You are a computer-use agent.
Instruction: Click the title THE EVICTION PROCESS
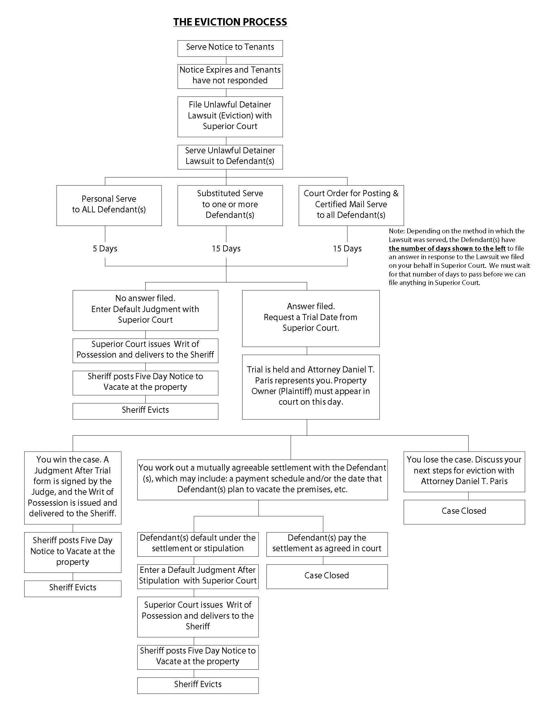(x=230, y=22)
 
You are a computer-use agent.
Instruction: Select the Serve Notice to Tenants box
(x=230, y=48)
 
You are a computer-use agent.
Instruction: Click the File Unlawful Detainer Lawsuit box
(x=230, y=116)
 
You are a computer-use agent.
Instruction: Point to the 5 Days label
(x=105, y=249)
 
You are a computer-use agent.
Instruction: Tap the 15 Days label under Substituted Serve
(x=226, y=249)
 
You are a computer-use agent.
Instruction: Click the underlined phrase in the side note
(x=447, y=249)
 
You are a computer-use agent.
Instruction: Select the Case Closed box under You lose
(x=464, y=512)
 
